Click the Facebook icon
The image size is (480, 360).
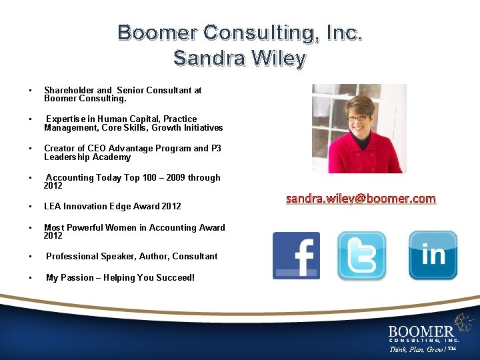(x=296, y=255)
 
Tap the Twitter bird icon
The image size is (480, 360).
(x=361, y=255)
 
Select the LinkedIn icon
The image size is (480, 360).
(x=433, y=255)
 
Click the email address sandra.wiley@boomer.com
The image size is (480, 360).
(x=361, y=199)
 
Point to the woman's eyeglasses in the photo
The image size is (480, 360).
(x=357, y=118)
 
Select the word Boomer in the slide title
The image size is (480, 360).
(x=157, y=32)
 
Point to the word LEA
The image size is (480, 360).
(x=53, y=206)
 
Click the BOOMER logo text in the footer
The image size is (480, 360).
(x=421, y=331)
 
